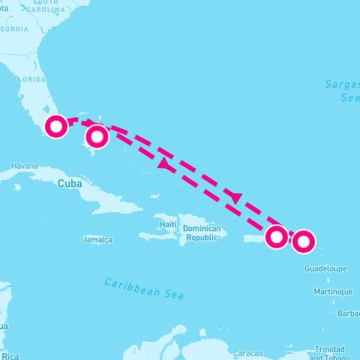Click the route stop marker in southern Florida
pos(56,127)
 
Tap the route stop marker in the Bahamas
pos(97,136)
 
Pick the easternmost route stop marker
pos(303,241)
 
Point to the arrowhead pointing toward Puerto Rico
pos(236,198)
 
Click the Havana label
pos(24,166)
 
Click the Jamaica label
pos(97,240)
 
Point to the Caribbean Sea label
pos(144,288)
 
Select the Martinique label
pos(333,292)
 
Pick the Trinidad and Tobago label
pos(329,352)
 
